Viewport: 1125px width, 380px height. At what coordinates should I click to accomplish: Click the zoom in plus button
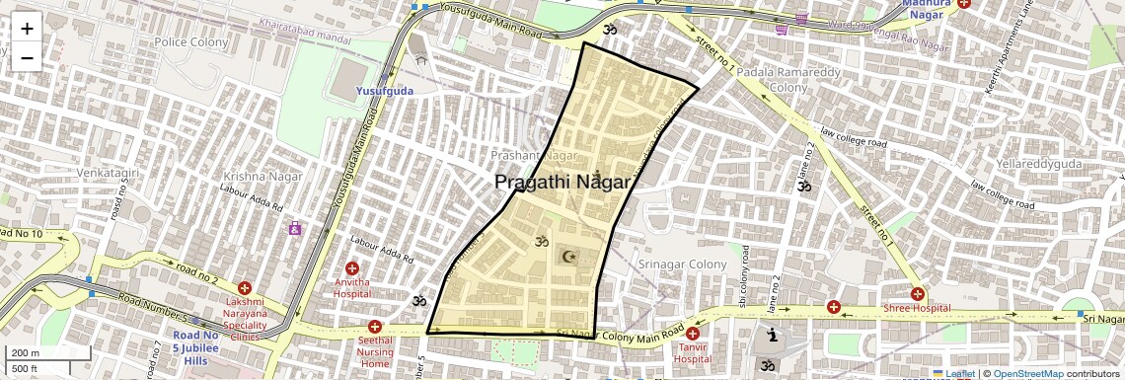click(x=27, y=29)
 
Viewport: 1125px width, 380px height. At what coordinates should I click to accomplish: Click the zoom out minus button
click(x=27, y=57)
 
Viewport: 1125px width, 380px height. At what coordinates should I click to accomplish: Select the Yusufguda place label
click(x=385, y=90)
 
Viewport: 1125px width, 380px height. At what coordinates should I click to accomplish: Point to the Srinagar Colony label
click(x=682, y=266)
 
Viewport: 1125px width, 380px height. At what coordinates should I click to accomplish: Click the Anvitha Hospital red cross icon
click(x=352, y=267)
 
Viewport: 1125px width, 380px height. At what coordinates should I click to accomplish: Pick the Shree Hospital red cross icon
click(x=919, y=293)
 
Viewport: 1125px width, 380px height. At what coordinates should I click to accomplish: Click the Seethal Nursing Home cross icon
click(x=374, y=327)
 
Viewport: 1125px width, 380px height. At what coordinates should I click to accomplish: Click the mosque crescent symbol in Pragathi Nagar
click(x=567, y=258)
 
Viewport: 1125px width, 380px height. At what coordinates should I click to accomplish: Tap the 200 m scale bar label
click(x=27, y=353)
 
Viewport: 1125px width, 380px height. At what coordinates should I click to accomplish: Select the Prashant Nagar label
click(x=534, y=156)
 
